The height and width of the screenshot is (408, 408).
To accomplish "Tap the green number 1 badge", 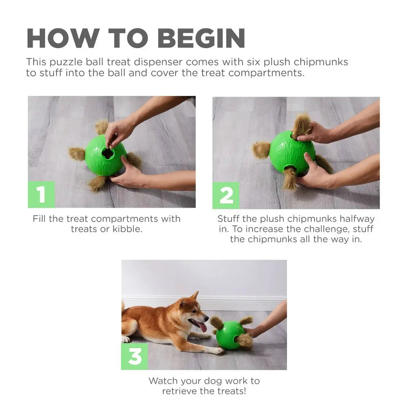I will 41,195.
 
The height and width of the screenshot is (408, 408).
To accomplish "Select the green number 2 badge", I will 226,195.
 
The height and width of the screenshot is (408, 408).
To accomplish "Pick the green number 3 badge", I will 135,356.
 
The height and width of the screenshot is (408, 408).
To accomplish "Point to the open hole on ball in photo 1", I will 108,153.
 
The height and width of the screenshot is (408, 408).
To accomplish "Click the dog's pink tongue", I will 202,326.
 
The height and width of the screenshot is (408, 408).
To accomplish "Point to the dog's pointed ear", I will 195,296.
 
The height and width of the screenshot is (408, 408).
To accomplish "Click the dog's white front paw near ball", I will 216,350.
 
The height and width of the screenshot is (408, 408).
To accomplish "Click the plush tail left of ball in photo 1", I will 77,154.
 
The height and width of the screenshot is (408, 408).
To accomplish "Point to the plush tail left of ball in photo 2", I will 261,150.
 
